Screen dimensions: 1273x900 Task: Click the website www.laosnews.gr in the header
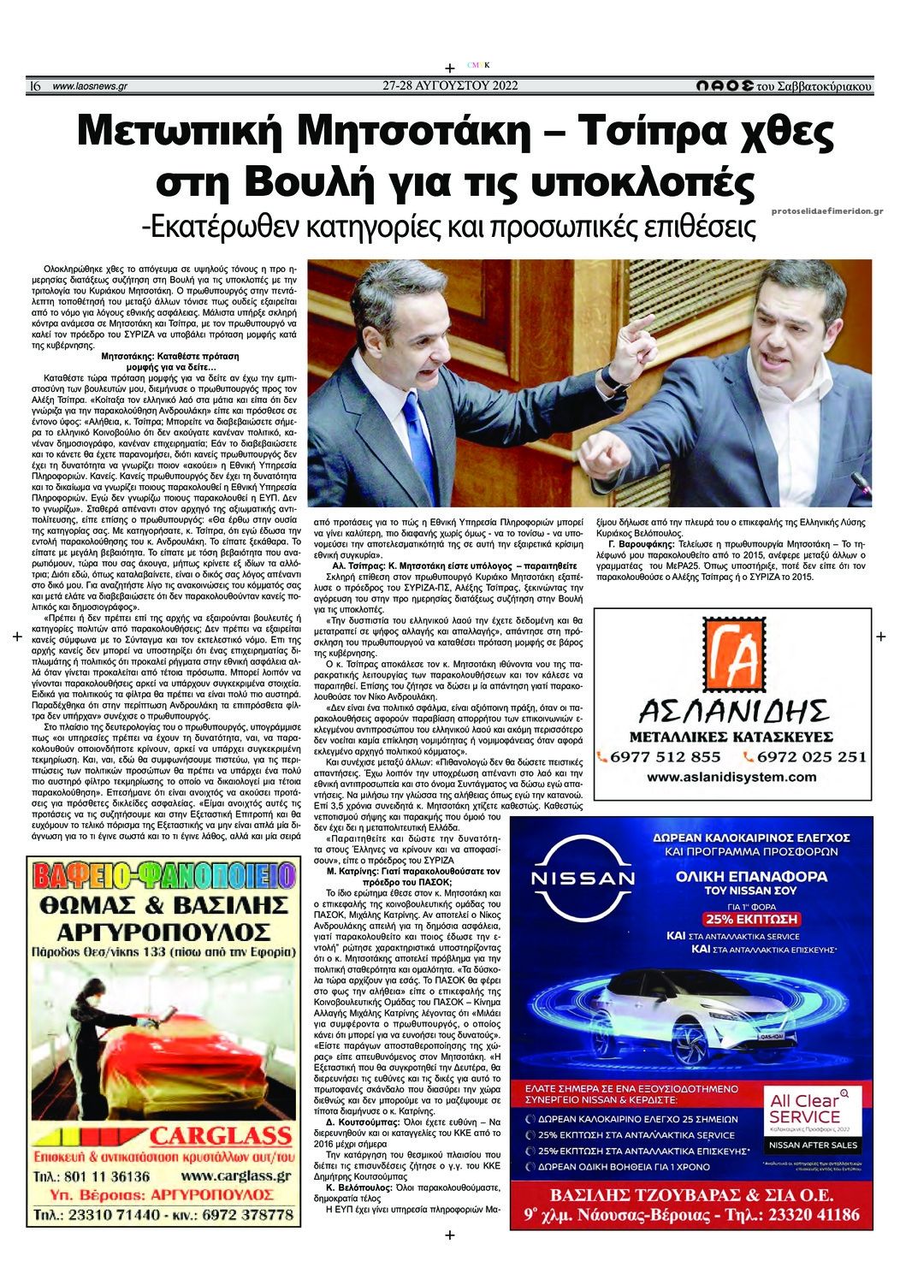coord(90,86)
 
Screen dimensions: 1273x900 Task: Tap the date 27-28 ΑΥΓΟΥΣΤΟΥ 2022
coord(449,86)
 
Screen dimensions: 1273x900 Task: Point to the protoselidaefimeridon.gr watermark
coord(826,210)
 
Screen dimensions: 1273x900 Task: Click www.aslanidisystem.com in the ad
coord(731,777)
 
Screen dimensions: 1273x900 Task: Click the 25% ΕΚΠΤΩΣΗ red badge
coord(750,920)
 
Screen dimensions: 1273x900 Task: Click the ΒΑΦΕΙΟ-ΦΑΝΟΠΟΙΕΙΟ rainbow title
coord(164,875)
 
